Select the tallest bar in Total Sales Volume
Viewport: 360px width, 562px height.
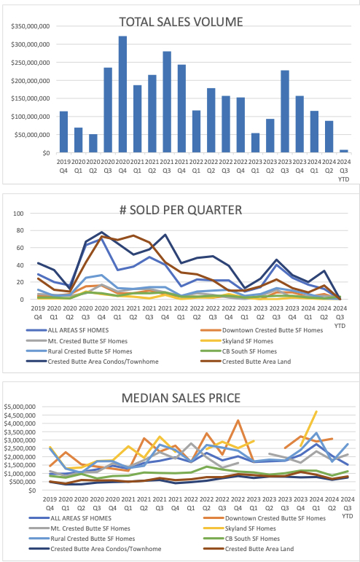click(x=122, y=95)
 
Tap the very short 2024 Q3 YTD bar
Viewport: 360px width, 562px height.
click(x=344, y=151)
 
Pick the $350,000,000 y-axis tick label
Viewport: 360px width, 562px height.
click(x=30, y=26)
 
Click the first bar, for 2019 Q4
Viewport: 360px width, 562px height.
click(x=63, y=132)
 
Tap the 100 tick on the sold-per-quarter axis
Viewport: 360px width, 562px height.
click(x=20, y=214)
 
